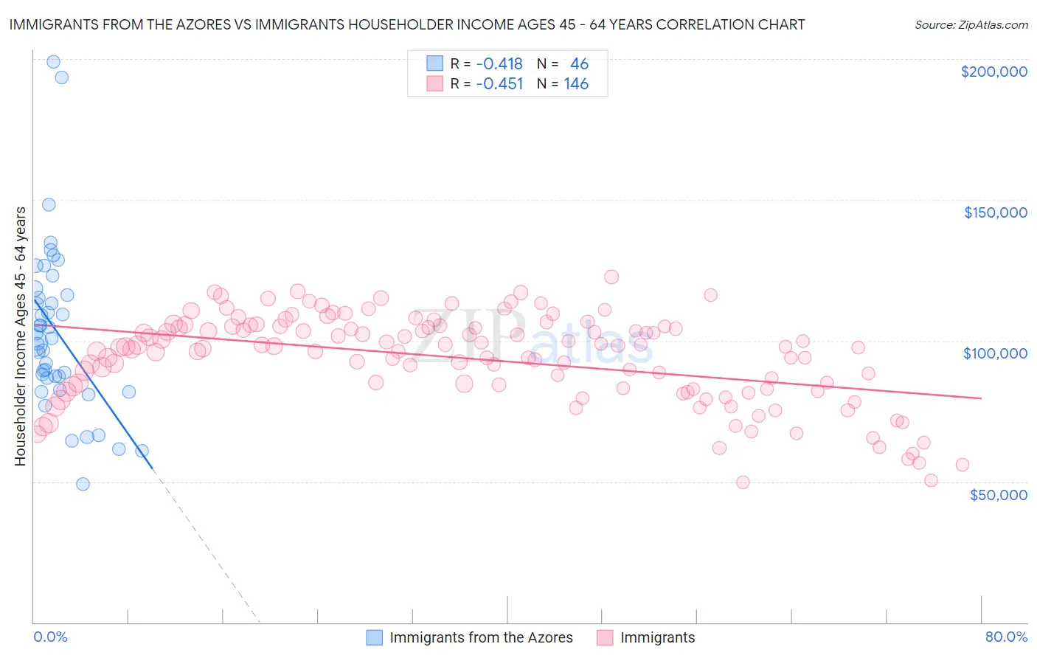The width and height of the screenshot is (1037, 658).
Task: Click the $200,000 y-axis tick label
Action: tap(993, 72)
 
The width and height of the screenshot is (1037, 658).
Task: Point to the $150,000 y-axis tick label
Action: tap(995, 212)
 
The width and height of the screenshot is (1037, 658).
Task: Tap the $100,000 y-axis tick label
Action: tap(995, 353)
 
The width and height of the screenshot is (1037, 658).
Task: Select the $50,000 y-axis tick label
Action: tap(998, 494)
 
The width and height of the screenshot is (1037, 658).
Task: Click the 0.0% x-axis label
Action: tap(50, 637)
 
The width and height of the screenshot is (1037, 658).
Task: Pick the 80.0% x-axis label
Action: tap(1006, 637)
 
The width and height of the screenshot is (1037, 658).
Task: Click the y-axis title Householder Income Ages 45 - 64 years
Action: tap(20, 336)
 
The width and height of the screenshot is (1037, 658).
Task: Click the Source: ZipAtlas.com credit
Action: tap(971, 24)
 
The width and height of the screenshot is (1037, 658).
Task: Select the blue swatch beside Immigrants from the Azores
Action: tap(375, 637)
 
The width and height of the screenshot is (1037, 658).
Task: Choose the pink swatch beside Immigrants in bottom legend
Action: tap(606, 637)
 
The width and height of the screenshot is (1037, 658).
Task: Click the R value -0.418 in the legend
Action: tap(499, 64)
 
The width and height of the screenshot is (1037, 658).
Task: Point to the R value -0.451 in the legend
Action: tap(499, 84)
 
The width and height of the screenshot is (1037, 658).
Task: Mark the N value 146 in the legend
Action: tap(576, 84)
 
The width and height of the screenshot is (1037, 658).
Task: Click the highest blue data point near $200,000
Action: tap(53, 62)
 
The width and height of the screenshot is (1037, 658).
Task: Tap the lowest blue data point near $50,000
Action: tap(83, 484)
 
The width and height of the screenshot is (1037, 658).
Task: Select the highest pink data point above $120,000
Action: tap(611, 277)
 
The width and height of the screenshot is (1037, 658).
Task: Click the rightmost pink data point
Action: tap(962, 465)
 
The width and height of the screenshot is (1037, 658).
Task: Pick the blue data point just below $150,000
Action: tap(49, 205)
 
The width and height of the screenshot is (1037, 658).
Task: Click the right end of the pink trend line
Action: tap(981, 398)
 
